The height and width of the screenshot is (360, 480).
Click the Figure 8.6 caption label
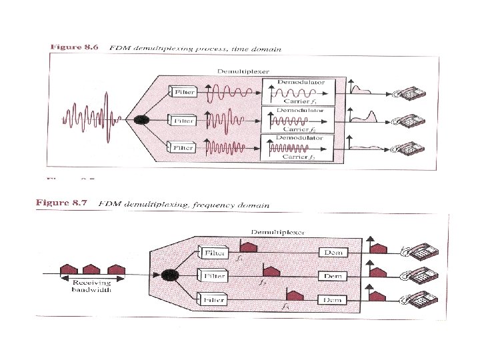pos(74,47)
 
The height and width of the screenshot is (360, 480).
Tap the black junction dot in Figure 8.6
pos(141,119)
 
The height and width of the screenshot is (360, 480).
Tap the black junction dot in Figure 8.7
pos(169,275)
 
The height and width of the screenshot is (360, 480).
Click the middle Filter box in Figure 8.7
pos(215,275)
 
